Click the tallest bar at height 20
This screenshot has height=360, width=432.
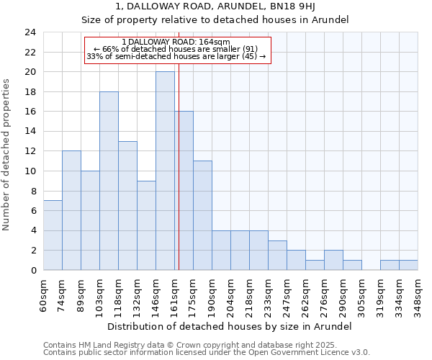165,171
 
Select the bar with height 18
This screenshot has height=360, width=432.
109,181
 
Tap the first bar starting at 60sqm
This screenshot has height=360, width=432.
53,235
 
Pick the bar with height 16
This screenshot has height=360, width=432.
184,191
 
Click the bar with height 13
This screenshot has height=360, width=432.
127,206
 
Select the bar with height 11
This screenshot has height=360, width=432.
202,216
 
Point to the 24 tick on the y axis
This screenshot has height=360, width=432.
30,32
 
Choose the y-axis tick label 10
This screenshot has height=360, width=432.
30,171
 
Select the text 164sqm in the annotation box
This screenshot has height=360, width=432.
214,42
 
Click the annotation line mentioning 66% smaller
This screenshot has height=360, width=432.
176,49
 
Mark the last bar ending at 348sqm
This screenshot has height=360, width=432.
408,265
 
